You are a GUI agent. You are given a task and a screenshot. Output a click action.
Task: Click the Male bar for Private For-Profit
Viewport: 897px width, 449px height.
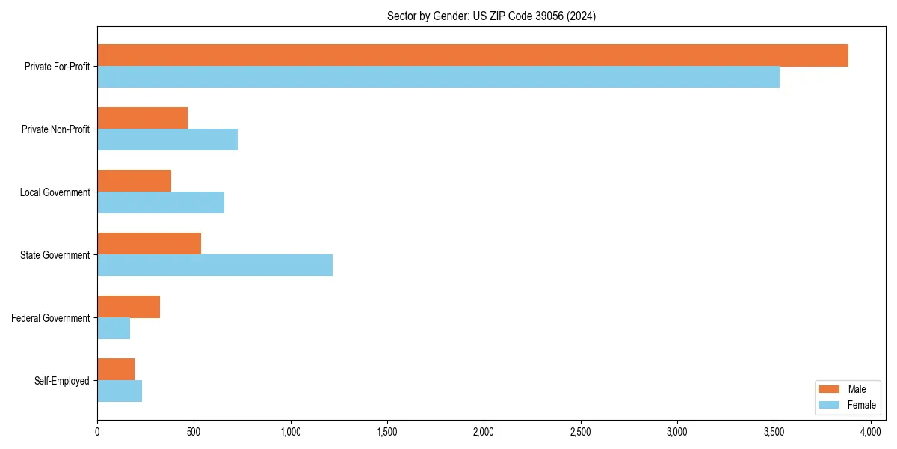tap(472, 55)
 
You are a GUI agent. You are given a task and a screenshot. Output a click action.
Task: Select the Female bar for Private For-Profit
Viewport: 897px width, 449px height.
tap(438, 77)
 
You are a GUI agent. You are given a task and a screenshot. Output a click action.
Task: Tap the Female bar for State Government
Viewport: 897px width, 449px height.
tap(215, 266)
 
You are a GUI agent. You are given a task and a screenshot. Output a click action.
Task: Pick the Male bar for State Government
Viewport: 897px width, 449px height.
tap(149, 244)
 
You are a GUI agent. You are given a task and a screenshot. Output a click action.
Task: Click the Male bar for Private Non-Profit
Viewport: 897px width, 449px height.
tap(142, 118)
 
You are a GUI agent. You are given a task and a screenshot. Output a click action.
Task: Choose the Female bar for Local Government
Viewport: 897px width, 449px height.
tap(161, 203)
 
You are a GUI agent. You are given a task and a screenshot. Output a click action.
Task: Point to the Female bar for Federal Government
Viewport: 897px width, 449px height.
tap(114, 329)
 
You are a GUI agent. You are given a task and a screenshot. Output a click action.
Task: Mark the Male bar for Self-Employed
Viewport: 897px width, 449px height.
tap(116, 370)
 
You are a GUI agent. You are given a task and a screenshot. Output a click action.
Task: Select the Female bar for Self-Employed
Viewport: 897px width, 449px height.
tap(120, 391)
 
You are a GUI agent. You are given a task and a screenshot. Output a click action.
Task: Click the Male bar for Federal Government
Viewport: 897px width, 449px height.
tap(129, 307)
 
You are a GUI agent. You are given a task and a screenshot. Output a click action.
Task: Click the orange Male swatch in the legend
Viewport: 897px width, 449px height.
tap(830, 389)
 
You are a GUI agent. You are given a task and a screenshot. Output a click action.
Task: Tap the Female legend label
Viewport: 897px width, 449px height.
tap(861, 405)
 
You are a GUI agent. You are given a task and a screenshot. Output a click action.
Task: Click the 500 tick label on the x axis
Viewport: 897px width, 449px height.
tap(194, 432)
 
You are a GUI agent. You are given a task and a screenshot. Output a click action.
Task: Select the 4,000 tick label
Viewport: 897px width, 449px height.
tap(870, 432)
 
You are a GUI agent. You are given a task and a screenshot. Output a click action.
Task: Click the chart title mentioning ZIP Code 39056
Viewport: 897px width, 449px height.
tap(491, 16)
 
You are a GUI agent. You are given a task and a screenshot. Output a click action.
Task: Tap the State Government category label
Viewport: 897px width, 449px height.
tap(55, 255)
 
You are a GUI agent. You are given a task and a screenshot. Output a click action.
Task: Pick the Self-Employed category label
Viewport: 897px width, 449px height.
tap(62, 381)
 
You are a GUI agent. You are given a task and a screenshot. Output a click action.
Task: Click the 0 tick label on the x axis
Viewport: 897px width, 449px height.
tap(97, 432)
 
